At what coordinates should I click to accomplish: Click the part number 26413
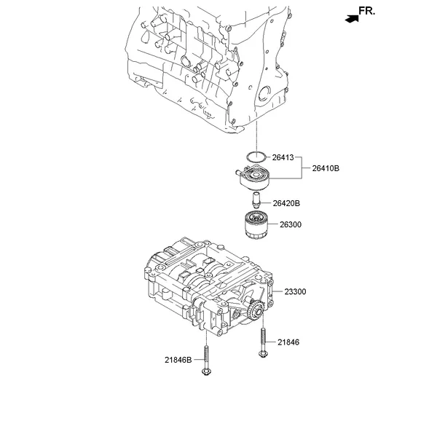coord(283,157)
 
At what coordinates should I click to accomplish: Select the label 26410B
coord(326,168)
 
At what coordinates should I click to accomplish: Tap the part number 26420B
coord(286,203)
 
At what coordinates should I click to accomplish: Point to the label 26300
coord(291,224)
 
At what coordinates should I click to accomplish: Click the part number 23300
coord(295,292)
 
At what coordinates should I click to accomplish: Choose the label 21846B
coord(178,360)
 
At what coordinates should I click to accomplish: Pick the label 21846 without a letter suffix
coord(288,342)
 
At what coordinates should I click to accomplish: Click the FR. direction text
coord(367,11)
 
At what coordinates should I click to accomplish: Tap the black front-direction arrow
coord(352,19)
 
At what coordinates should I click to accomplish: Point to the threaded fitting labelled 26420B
coord(256,200)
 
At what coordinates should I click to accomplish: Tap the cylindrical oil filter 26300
coord(256,225)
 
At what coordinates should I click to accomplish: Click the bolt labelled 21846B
coord(206,361)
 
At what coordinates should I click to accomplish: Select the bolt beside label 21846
coord(264,342)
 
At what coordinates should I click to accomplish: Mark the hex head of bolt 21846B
coord(206,371)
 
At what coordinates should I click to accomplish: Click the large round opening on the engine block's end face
coord(264,93)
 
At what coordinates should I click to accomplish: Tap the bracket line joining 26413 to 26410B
coord(302,168)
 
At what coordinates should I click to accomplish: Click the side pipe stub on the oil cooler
coord(238,173)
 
